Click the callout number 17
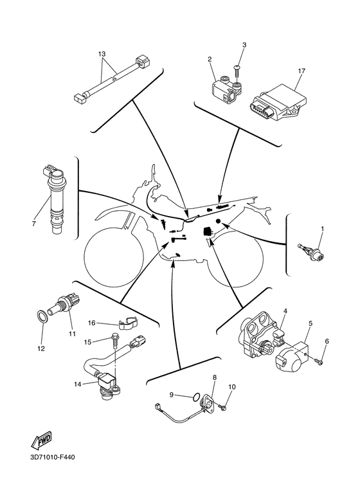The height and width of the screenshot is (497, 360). tap(301, 71)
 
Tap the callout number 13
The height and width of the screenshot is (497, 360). tap(102, 54)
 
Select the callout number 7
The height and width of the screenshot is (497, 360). tap(33, 224)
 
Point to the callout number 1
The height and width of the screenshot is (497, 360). tap(323, 228)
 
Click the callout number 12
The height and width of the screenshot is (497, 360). tap(41, 348)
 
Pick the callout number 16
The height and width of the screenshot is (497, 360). tap(91, 323)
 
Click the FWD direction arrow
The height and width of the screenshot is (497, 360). tap(41, 440)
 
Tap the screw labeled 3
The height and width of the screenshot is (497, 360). tap(237, 71)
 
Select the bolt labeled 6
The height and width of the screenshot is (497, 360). tap(319, 361)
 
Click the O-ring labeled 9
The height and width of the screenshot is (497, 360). tap(196, 395)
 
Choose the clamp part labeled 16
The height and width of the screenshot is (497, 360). tap(128, 321)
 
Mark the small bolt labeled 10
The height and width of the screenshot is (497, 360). tap(223, 406)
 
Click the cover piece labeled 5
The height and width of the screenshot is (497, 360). tap(293, 357)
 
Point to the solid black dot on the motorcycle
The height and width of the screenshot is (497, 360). tap(219, 221)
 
